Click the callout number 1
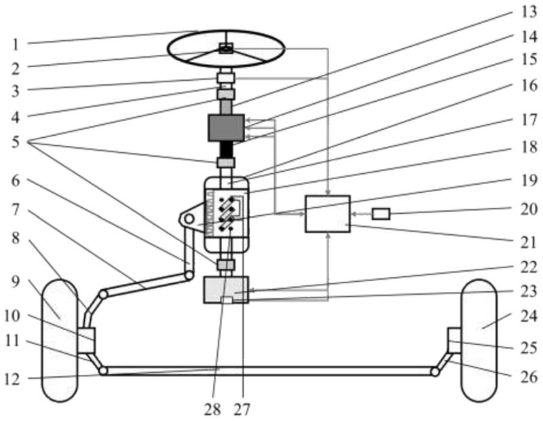click(x=16, y=44)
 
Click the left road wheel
click(x=59, y=340)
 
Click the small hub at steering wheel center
click(x=226, y=48)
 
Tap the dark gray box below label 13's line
click(x=226, y=128)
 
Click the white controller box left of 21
click(x=328, y=214)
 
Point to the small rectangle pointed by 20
click(x=381, y=214)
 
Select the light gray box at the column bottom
click(x=226, y=290)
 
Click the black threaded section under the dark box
click(x=226, y=149)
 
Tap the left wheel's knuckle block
click(x=86, y=340)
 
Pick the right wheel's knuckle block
click(x=454, y=338)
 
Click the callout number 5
click(x=16, y=143)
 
